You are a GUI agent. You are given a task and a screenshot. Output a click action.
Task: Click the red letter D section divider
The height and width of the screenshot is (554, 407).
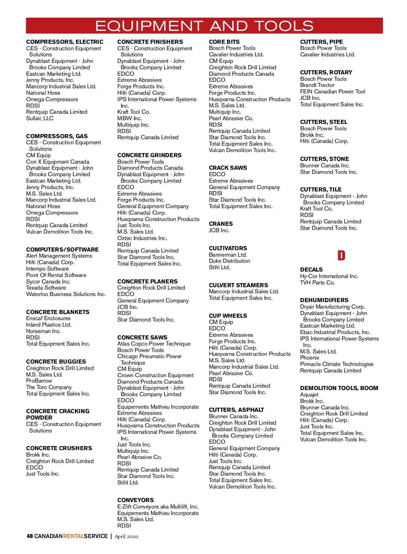341,255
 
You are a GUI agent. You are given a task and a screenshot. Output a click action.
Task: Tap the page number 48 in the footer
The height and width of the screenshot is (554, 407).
30,536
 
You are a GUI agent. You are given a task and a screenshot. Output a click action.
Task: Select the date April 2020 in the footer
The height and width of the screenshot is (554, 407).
127,536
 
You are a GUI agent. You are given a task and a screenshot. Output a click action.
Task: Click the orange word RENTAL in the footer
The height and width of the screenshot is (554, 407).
73,536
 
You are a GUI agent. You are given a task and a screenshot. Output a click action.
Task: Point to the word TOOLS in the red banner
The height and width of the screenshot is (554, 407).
284,26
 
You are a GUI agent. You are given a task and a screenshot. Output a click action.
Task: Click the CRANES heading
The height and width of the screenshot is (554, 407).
221,224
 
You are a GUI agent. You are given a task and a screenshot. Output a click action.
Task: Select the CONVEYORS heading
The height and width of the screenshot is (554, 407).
135,500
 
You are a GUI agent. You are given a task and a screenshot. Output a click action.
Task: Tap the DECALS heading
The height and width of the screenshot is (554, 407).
311,270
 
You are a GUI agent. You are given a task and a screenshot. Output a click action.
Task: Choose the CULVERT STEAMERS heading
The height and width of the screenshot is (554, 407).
238,285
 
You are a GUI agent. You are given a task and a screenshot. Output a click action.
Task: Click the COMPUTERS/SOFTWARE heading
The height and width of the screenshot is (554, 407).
62,250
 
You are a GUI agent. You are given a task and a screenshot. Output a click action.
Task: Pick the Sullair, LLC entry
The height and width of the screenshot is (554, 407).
40,118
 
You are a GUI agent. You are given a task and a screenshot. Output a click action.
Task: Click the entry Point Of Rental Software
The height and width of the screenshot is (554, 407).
56,275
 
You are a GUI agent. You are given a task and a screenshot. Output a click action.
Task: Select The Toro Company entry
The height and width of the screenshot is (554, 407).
49,387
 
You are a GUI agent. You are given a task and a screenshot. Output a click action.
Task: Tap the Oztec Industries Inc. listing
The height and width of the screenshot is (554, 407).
142,238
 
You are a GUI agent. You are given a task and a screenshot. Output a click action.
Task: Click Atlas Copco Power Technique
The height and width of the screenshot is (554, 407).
154,344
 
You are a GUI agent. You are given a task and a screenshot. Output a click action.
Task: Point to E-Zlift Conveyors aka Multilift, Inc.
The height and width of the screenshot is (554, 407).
158,506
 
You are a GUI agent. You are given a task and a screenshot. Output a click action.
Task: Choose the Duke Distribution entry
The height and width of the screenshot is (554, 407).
230,261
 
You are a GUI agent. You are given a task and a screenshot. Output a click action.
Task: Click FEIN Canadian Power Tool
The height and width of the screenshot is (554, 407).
333,91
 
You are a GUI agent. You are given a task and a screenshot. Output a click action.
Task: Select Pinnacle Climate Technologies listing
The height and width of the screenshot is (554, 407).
337,364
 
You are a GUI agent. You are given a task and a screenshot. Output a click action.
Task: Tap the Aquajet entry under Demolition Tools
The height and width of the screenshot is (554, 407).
309,394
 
